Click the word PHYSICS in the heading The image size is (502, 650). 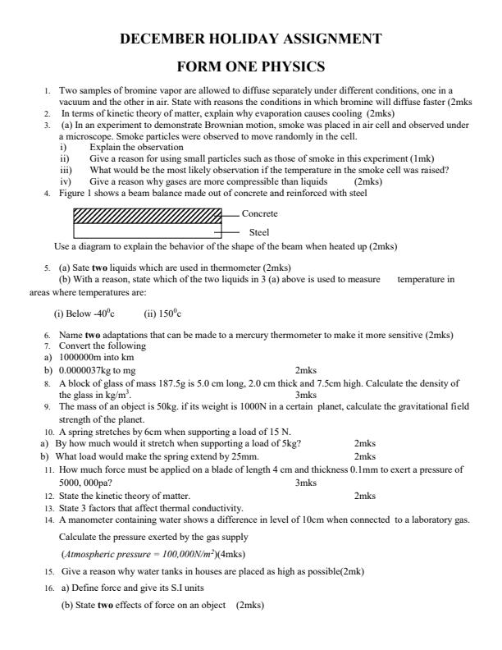click(x=288, y=66)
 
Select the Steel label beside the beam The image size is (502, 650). click(x=258, y=232)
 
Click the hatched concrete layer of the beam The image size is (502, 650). click(x=148, y=215)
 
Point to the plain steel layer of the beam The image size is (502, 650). click(x=148, y=231)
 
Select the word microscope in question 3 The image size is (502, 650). click(x=90, y=135)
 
